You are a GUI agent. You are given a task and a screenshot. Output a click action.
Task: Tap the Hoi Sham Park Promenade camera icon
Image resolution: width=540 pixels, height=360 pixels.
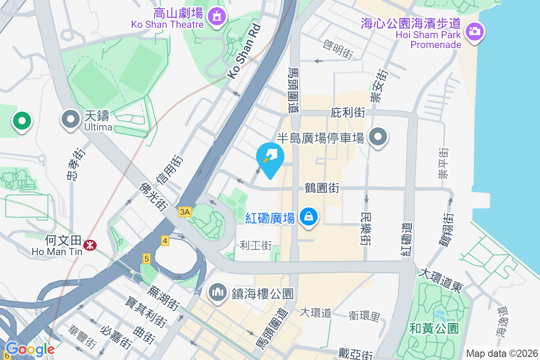pos(473,31)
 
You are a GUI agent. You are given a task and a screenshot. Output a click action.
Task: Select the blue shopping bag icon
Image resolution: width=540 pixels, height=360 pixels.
pos(309,217)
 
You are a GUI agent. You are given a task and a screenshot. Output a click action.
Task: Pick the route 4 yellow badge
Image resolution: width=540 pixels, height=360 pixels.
pos(165,241)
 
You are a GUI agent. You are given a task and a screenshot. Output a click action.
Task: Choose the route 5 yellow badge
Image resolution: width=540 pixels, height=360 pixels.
pos(147,259)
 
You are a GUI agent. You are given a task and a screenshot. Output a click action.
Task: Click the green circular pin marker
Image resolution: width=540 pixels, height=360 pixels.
pos(22,121)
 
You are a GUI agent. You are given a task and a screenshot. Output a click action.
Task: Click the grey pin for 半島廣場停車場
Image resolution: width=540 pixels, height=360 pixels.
pos(378,136)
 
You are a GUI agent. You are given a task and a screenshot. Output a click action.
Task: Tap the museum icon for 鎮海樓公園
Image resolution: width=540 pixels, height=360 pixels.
pos(218,292)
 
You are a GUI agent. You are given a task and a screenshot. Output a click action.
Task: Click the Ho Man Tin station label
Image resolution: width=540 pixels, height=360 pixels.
pos(57,252)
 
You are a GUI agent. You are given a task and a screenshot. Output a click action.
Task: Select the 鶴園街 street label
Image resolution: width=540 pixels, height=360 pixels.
pos(322,188)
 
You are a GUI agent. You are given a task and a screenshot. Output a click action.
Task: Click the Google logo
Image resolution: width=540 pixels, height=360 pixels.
pos(30,349)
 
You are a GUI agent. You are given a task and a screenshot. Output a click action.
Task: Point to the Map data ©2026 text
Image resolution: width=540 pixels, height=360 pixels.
pos(502,353)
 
